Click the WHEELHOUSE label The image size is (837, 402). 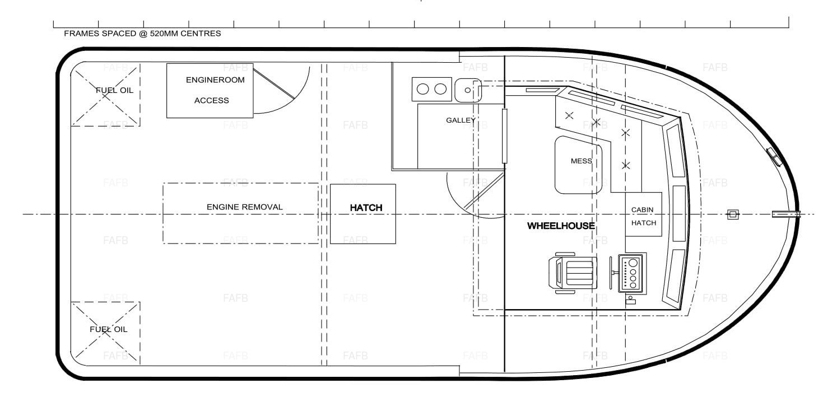click(x=561, y=226)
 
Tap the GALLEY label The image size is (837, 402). click(x=461, y=120)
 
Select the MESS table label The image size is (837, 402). click(x=581, y=161)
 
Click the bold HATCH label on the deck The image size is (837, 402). click(x=366, y=208)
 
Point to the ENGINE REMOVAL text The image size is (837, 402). click(x=244, y=207)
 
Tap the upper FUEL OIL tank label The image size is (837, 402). click(x=114, y=90)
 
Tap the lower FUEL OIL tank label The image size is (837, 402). click(x=108, y=329)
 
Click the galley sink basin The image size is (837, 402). click(x=468, y=90)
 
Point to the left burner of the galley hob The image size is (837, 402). click(x=422, y=89)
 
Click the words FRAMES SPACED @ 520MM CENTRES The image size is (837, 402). click(x=142, y=34)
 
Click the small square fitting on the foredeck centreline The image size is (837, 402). click(x=733, y=214)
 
